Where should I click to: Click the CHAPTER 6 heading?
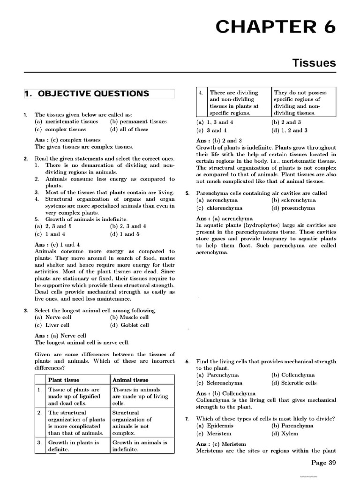coord(275,28)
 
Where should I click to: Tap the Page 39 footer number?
coord(323,463)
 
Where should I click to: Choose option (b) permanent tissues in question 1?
coord(138,122)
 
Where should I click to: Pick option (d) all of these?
coord(129,129)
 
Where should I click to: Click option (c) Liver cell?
coord(52,325)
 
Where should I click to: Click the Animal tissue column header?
coord(130,380)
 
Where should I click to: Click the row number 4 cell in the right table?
coord(200,93)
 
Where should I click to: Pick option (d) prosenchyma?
coord(293,208)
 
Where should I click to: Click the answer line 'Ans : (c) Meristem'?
coord(221,443)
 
